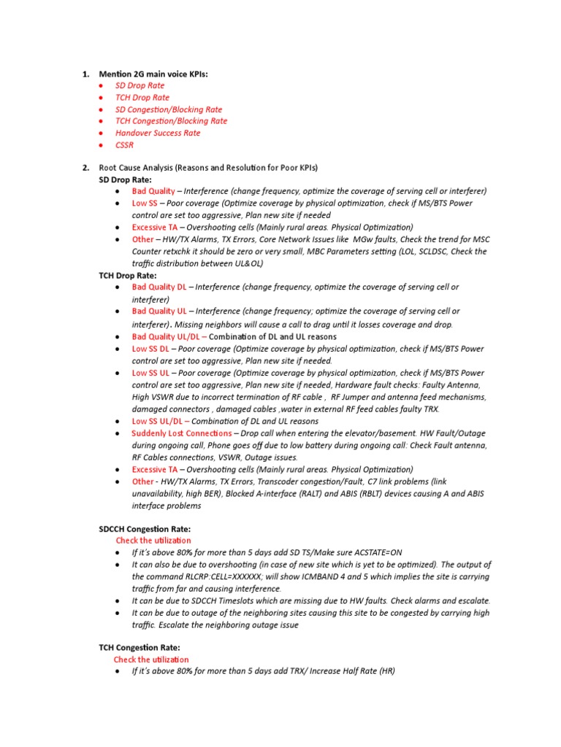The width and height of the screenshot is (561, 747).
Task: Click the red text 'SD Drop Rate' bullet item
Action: pyautogui.click(x=140, y=85)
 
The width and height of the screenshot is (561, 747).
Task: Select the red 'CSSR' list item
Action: pyautogui.click(x=124, y=144)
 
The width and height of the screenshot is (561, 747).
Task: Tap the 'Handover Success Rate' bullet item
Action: pyautogui.click(x=157, y=133)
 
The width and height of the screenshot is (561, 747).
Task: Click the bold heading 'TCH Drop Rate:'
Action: pyautogui.click(x=129, y=275)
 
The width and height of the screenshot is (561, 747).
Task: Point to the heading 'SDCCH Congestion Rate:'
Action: pyautogui.click(x=144, y=528)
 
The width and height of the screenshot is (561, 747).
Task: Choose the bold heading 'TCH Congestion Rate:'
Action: pyautogui.click(x=139, y=647)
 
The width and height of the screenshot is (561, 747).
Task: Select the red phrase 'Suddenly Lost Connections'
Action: pyautogui.click(x=181, y=433)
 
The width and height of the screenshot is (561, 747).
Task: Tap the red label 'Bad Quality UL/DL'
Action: pyautogui.click(x=167, y=336)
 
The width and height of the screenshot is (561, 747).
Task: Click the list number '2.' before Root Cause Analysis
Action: pyautogui.click(x=85, y=168)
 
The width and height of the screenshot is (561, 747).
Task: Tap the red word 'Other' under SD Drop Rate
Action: pyautogui.click(x=142, y=239)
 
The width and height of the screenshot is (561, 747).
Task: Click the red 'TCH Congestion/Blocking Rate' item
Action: pyautogui.click(x=171, y=121)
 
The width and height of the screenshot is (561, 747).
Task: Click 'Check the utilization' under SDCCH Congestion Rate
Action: pyautogui.click(x=153, y=541)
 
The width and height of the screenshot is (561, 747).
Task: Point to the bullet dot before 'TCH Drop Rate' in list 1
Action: pyautogui.click(x=101, y=98)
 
